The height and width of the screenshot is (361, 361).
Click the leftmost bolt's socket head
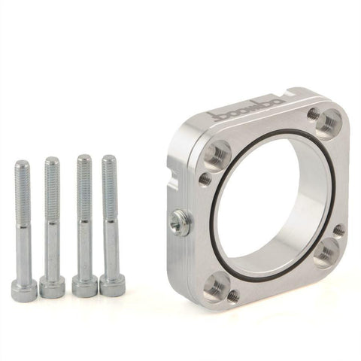tap(24, 287)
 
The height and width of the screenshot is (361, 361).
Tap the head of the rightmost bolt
tap(111, 285)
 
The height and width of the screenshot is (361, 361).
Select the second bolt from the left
tap(53, 226)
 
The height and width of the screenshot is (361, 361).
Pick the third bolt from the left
tap(83, 226)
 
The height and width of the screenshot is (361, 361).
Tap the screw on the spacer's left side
tap(178, 220)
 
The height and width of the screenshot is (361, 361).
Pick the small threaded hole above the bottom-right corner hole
tap(339, 229)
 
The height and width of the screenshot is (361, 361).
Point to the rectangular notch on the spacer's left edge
tap(174, 183)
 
